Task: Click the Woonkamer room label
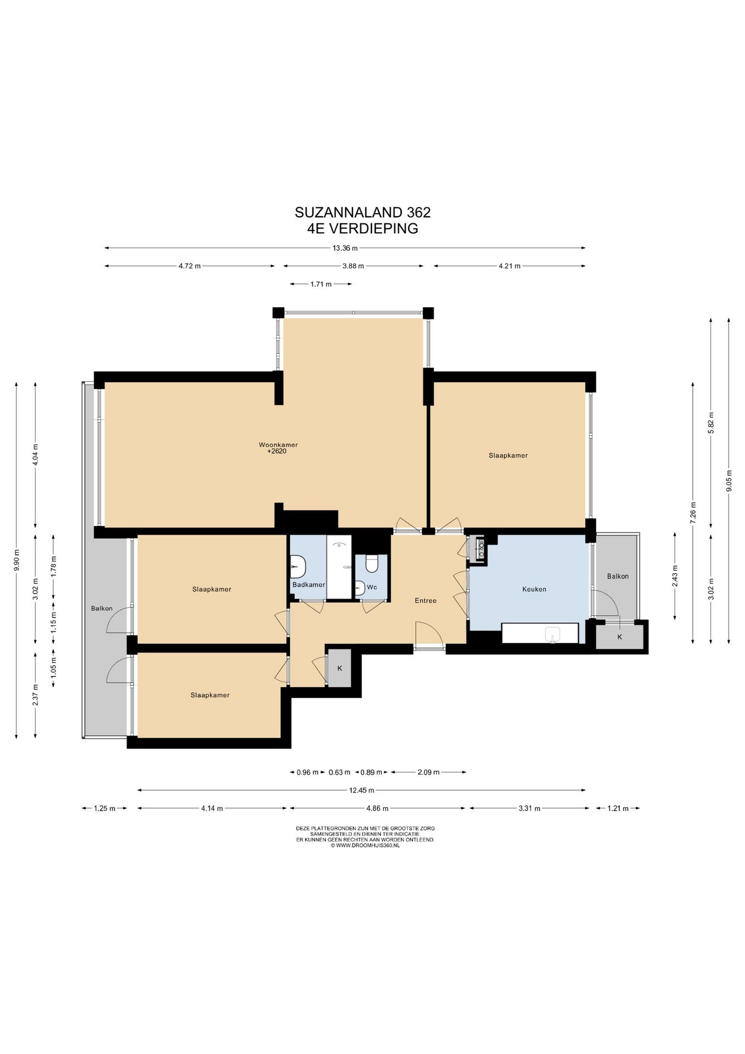pos(278,445)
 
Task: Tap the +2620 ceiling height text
pos(276,451)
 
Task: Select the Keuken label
pos(534,589)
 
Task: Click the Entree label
pos(425,601)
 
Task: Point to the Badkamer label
pos(309,585)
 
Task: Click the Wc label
pos(372,587)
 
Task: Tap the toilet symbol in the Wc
pos(372,564)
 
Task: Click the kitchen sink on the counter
pos(552,635)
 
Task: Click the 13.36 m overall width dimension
pos(345,248)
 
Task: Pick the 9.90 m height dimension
pos(16,560)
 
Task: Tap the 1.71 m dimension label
pos(321,284)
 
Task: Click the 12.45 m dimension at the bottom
pos(362,790)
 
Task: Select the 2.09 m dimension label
pos(428,772)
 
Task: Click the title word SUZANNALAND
pos(349,212)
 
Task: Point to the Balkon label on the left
pos(102,608)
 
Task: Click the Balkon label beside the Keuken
pos(618,576)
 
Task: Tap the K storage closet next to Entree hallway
pos(340,668)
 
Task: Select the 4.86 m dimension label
pos(377,809)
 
